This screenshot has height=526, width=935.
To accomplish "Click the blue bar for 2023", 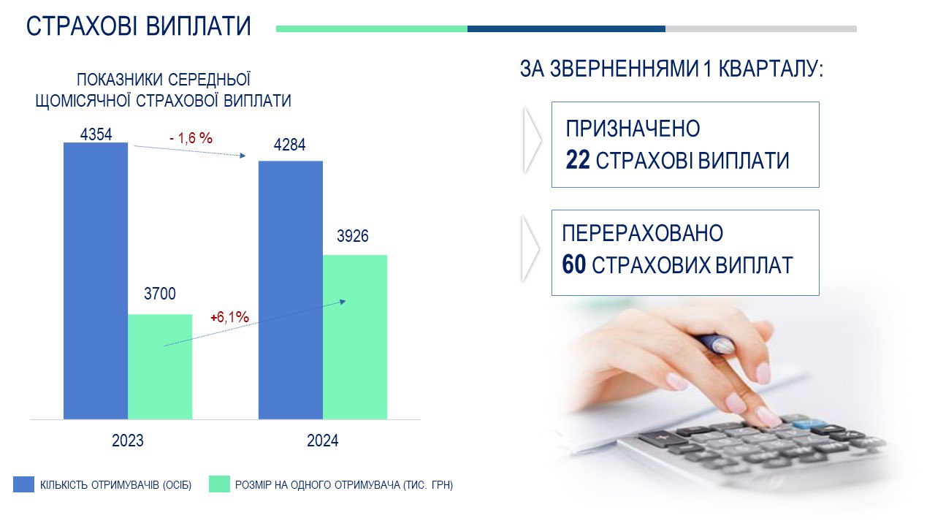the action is pyautogui.click(x=96, y=281).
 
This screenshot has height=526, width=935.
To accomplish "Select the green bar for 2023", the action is pyautogui.click(x=160, y=367).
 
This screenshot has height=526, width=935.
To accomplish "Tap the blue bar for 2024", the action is pyautogui.click(x=291, y=290).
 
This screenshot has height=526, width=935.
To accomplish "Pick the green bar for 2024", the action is pyautogui.click(x=355, y=337).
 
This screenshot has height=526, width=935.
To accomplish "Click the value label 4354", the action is pyautogui.click(x=96, y=134).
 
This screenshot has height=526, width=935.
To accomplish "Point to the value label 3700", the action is pyautogui.click(x=160, y=294).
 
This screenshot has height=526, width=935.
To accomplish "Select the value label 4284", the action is pyautogui.click(x=290, y=145).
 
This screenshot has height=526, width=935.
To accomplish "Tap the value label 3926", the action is pyautogui.click(x=353, y=236).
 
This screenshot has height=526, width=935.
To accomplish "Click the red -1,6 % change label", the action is pyautogui.click(x=191, y=138).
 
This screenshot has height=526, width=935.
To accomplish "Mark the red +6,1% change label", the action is pyautogui.click(x=229, y=317).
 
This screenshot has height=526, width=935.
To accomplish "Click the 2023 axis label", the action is pyautogui.click(x=128, y=441).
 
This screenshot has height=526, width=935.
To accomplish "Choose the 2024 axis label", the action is pyautogui.click(x=323, y=441).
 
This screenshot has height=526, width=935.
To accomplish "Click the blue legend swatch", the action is pyautogui.click(x=24, y=484).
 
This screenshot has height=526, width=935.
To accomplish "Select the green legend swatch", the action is pyautogui.click(x=220, y=484).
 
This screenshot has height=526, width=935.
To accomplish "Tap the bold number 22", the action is pyautogui.click(x=578, y=160).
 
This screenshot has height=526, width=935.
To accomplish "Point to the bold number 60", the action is pyautogui.click(x=574, y=264).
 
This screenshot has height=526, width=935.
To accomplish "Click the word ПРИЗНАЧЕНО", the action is pyautogui.click(x=633, y=129).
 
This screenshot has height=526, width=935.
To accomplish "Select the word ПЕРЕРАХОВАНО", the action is pyautogui.click(x=642, y=233).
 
